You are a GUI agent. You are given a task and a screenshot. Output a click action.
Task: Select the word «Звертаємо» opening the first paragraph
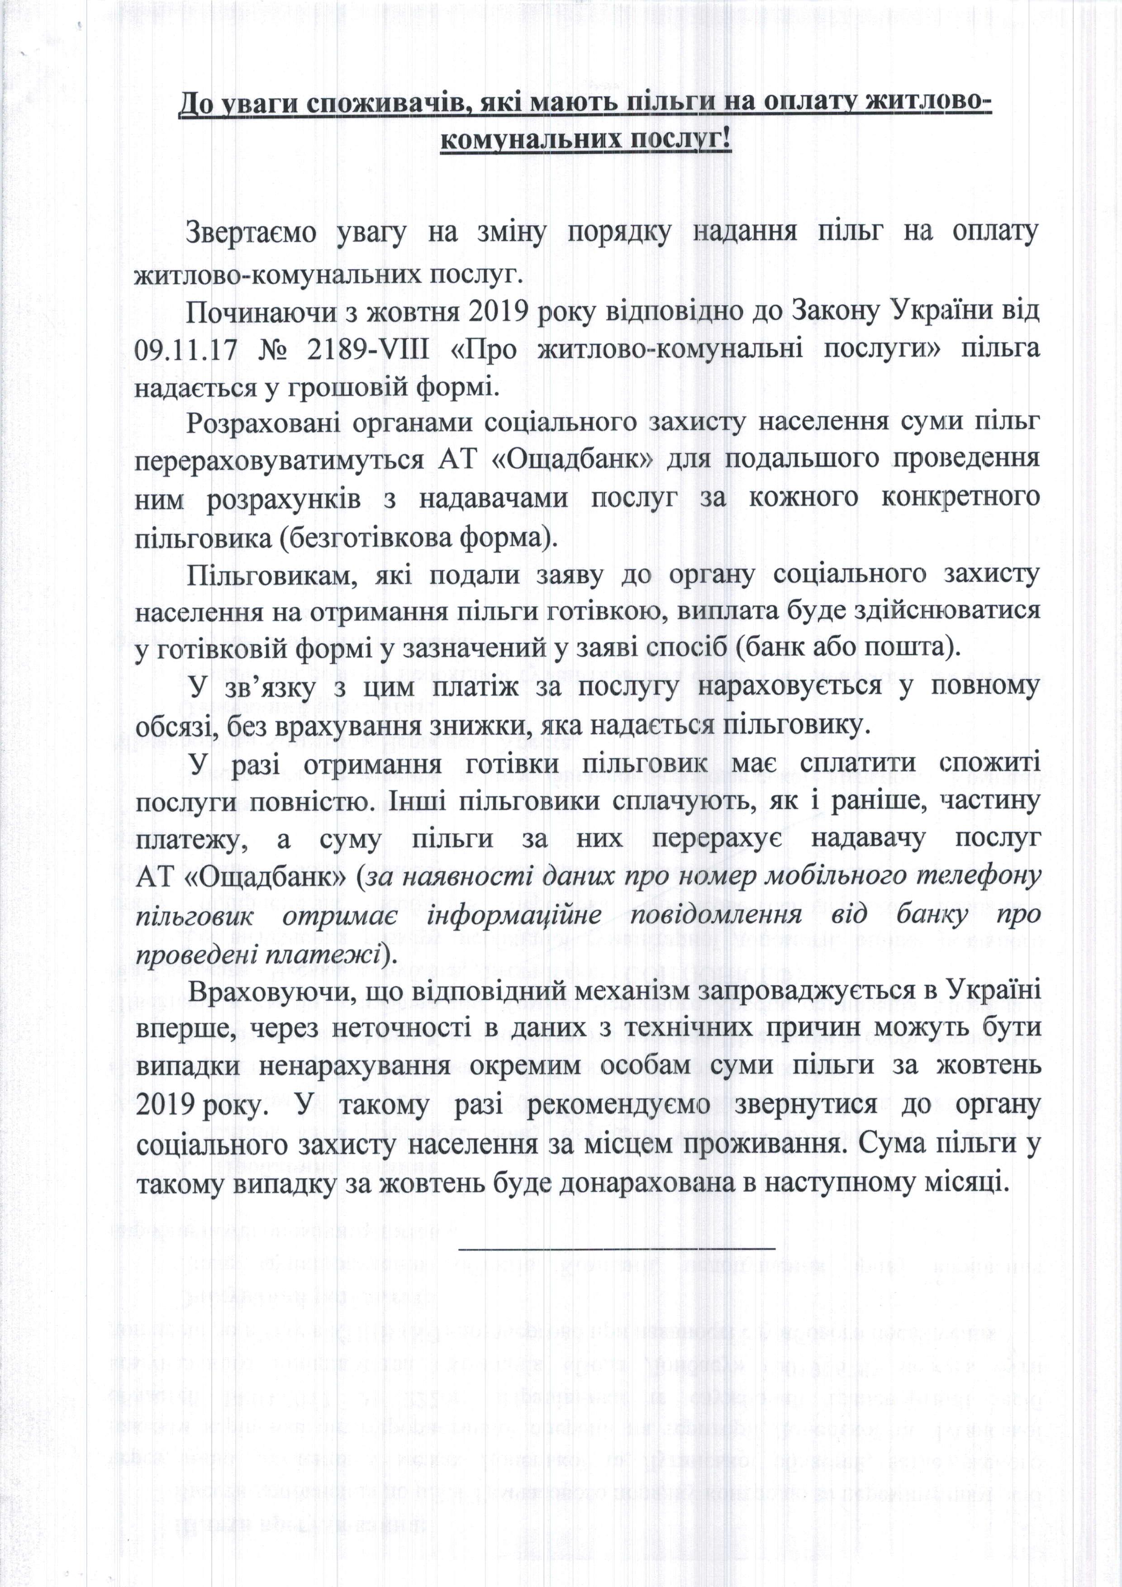coord(252,232)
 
